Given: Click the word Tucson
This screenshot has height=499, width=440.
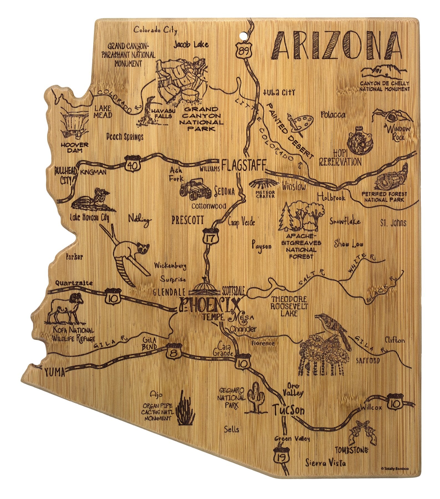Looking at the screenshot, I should [289, 410].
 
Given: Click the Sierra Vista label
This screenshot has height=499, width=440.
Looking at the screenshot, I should [325, 463].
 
